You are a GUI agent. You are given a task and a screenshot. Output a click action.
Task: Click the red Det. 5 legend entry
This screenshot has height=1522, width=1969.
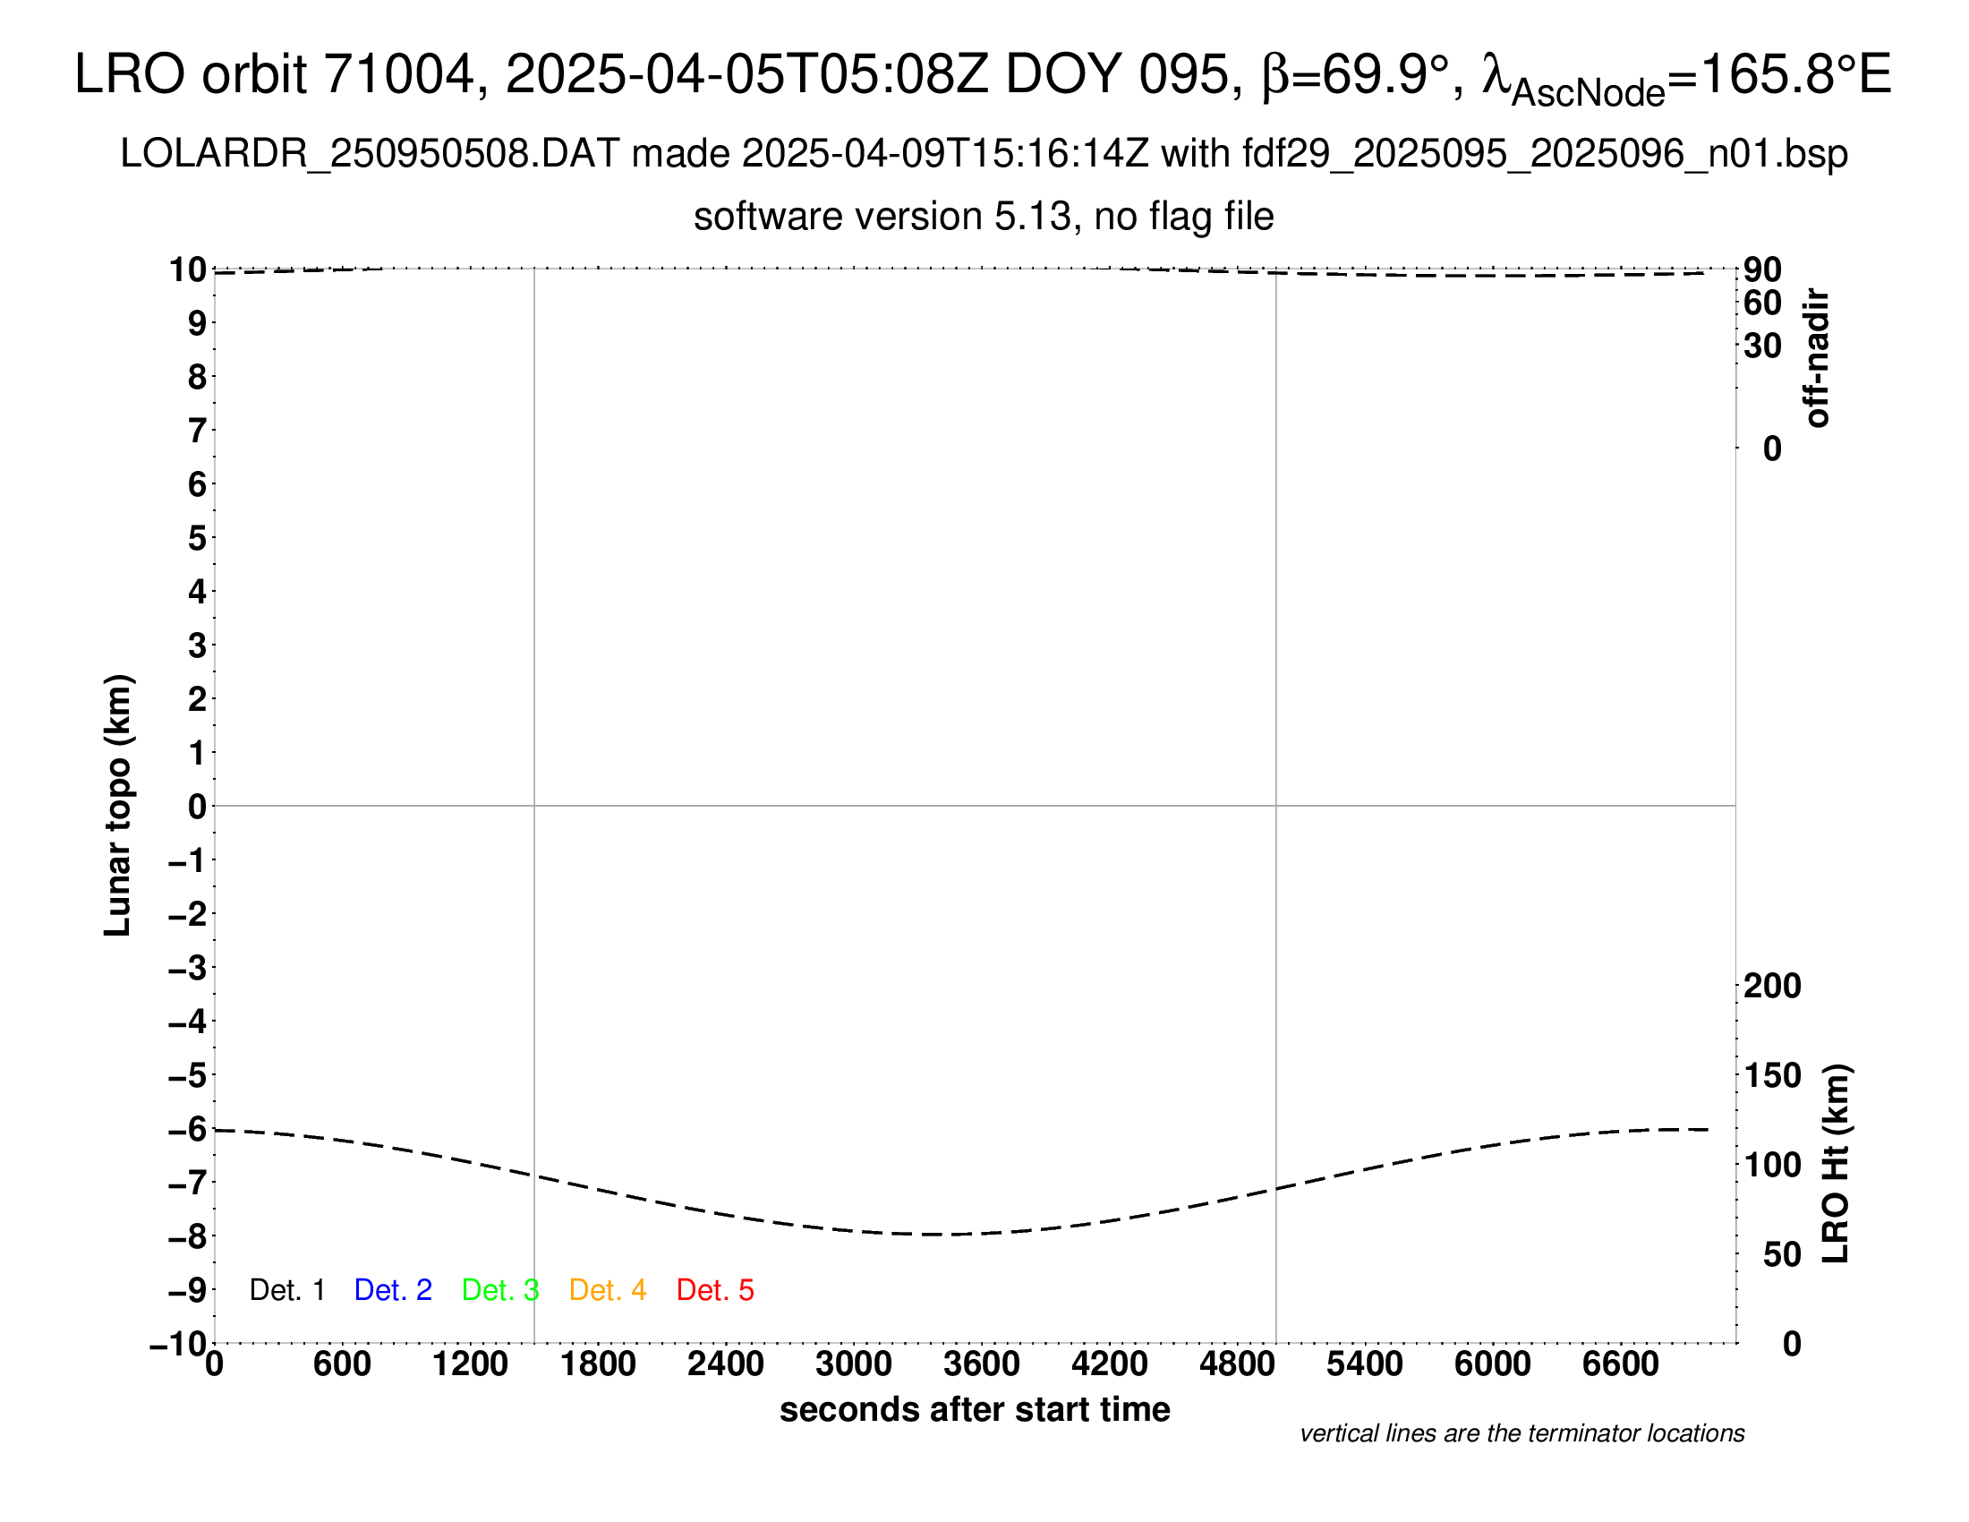click(715, 1290)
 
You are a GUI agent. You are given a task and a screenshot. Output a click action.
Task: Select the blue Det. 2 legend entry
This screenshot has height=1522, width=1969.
click(393, 1290)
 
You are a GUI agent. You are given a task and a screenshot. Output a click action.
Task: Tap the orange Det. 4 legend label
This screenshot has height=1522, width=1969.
click(608, 1290)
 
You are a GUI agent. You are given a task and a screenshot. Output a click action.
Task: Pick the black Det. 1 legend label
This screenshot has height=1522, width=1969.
click(286, 1290)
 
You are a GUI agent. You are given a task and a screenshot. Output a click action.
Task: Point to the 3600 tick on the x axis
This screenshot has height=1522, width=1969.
click(982, 1364)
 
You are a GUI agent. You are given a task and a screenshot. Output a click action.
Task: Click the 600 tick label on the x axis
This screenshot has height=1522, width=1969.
click(342, 1364)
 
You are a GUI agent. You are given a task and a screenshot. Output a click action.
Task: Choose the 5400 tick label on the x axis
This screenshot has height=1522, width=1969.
click(1365, 1364)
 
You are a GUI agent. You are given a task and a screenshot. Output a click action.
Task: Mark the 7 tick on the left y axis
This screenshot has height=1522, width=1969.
click(197, 431)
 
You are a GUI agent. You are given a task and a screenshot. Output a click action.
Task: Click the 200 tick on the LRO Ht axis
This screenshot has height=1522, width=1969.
click(1772, 986)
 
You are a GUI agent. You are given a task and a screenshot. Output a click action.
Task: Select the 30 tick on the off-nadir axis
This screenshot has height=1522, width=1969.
click(1762, 346)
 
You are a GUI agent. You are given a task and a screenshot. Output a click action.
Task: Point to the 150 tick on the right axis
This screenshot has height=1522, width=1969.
click(1772, 1074)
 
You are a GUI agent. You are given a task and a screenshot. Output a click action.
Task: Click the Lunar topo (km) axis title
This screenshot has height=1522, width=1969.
click(118, 805)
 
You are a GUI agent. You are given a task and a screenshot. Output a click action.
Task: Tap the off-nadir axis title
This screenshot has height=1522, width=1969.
click(1817, 358)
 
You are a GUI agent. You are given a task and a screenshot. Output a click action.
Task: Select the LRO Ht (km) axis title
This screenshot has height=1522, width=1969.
click(1836, 1164)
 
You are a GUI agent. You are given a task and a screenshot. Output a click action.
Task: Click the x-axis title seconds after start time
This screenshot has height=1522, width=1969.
click(975, 1409)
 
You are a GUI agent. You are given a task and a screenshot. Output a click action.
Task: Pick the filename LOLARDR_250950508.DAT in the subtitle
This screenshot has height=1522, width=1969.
click(370, 154)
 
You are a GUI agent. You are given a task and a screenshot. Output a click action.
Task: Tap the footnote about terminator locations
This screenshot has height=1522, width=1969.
click(1521, 1433)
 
